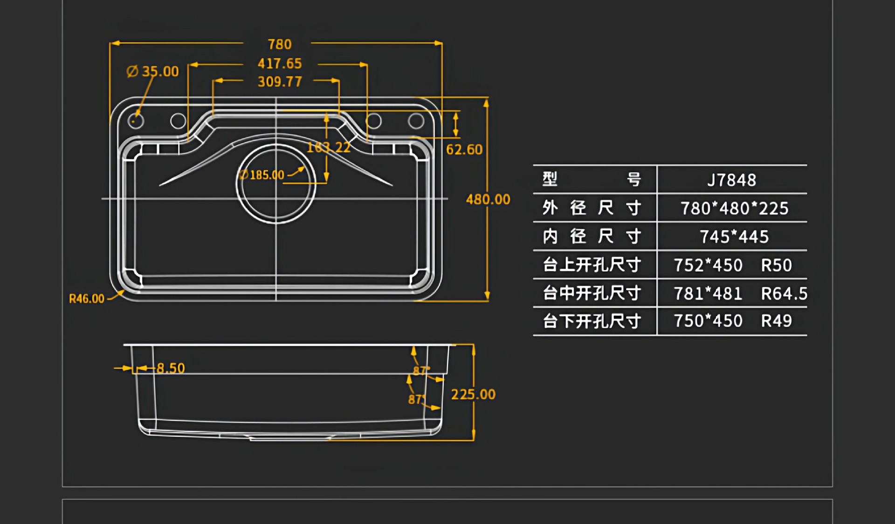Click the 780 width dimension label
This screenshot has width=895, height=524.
[x=280, y=44]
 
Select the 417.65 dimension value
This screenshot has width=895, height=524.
[x=280, y=63]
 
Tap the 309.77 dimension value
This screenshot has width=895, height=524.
[x=280, y=82]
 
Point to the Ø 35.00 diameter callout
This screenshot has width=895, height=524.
[x=153, y=71]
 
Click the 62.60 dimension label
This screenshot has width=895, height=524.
[x=464, y=150]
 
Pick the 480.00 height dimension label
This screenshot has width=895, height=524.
[x=488, y=199]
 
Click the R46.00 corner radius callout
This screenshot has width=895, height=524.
[x=87, y=299]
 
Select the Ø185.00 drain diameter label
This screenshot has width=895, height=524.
[x=262, y=175]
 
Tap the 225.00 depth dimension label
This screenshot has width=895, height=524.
[x=473, y=395]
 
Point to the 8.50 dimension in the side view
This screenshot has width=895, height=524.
[x=171, y=368]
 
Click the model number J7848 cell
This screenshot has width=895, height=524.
[x=732, y=180]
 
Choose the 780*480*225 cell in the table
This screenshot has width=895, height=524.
[x=735, y=209]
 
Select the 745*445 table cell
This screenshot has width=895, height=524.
[x=734, y=237]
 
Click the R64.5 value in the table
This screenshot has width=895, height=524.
[x=784, y=294]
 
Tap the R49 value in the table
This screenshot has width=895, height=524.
[x=777, y=321]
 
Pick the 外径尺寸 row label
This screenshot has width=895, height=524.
[x=592, y=208]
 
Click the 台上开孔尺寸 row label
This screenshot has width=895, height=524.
[x=592, y=265]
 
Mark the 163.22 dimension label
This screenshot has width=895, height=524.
[x=329, y=148]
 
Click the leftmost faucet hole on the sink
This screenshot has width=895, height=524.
[x=136, y=121]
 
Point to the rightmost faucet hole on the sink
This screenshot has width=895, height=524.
[x=416, y=121]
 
